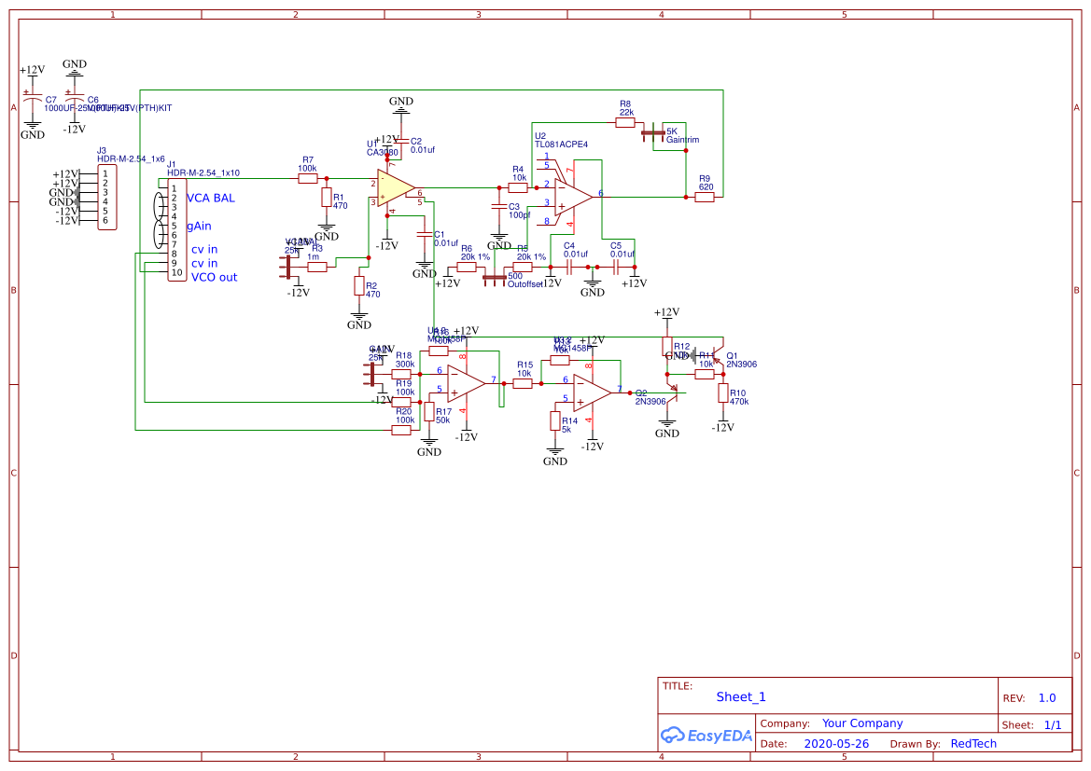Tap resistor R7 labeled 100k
coord(308,178)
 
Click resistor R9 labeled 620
coord(705,197)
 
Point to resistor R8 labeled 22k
coord(625,122)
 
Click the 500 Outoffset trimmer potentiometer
coord(492,276)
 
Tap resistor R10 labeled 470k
coord(722,393)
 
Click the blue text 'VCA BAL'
coord(211,199)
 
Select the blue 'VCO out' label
coord(214,277)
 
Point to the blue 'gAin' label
coord(199,227)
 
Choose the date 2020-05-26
coord(836,744)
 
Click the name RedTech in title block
coord(973,744)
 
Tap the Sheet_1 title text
coord(740,696)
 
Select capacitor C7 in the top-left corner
coord(33,100)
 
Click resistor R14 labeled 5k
coord(555,421)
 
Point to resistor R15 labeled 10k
coord(523,382)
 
